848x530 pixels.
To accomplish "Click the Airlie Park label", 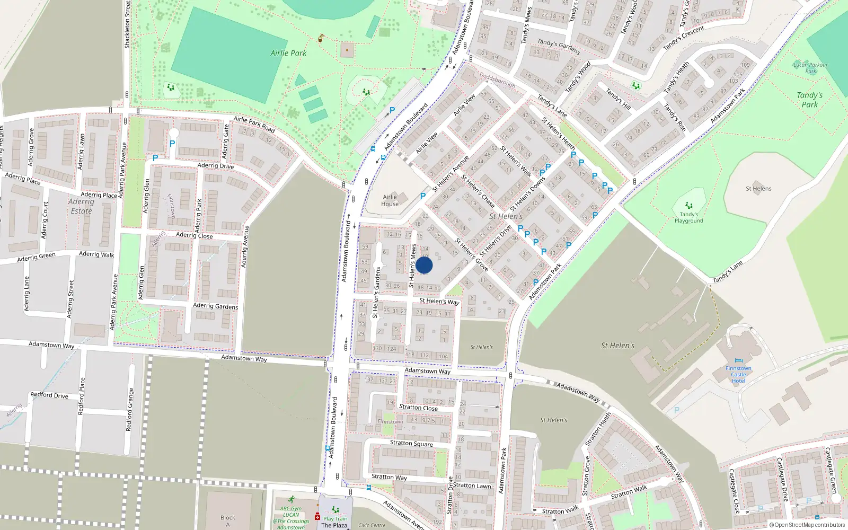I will [288, 53].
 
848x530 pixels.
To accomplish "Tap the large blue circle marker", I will [424, 265].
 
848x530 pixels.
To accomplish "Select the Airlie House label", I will [390, 200].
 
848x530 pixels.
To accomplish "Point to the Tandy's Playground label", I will [689, 217].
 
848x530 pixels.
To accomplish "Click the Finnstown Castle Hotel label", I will [738, 374].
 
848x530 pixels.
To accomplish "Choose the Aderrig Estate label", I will [81, 206].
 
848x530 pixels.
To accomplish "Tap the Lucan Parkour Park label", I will [811, 68].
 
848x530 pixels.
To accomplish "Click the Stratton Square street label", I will [411, 443].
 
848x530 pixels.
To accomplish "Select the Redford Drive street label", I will [49, 395].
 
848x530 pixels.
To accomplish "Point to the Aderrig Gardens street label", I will [215, 306].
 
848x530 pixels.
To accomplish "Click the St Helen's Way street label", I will [439, 301].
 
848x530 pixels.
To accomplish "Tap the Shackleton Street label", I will [127, 25].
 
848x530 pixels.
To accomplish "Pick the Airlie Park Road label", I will [254, 125].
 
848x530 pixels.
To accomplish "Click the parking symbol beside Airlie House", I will [422, 196].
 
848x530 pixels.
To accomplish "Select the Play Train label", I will [335, 519].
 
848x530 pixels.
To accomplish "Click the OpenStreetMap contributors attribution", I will [807, 525].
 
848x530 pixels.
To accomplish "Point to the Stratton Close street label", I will [418, 408].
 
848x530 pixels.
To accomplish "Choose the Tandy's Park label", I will [809, 100].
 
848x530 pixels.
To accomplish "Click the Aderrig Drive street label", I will [215, 166].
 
